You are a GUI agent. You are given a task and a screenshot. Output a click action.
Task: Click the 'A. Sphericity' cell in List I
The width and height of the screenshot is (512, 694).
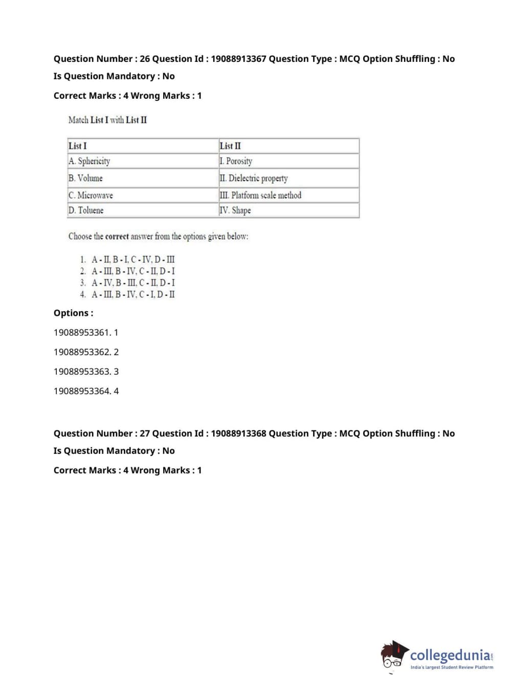pyautogui.click(x=90, y=161)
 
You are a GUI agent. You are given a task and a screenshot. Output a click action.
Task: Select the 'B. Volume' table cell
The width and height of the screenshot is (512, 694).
pyautogui.click(x=86, y=178)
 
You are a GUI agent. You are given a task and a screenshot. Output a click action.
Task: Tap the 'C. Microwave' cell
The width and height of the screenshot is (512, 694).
pyautogui.click(x=91, y=196)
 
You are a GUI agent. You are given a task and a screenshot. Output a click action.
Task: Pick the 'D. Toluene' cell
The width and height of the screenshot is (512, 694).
pyautogui.click(x=86, y=210)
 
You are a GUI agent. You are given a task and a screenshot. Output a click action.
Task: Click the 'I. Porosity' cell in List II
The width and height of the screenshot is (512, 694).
pyautogui.click(x=236, y=161)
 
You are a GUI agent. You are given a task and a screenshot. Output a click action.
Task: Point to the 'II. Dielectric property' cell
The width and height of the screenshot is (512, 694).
pyautogui.click(x=254, y=178)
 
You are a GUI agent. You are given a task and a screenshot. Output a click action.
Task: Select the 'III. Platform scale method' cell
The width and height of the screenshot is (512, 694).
pyautogui.click(x=260, y=196)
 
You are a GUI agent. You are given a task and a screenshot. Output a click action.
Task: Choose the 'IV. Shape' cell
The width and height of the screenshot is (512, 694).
pyautogui.click(x=235, y=210)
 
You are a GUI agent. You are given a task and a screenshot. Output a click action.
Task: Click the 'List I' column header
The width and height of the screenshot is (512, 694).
pyautogui.click(x=78, y=146)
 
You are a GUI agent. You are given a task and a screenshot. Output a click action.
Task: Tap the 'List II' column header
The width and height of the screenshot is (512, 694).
pyautogui.click(x=230, y=146)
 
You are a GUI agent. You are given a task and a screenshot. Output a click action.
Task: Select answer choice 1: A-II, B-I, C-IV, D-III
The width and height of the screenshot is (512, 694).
pyautogui.click(x=133, y=259)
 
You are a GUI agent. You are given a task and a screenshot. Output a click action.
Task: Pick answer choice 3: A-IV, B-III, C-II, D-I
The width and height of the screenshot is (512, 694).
pyautogui.click(x=133, y=283)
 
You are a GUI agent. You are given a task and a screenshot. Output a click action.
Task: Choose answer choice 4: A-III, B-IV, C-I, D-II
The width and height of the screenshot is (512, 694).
pyautogui.click(x=133, y=294)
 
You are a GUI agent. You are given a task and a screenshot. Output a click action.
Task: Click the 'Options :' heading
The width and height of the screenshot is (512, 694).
pyautogui.click(x=73, y=313)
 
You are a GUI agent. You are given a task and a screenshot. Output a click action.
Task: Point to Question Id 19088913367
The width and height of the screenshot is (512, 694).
pyautogui.click(x=238, y=59)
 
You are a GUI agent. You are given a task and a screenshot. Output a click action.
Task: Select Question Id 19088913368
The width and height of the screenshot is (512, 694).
pyautogui.click(x=238, y=433)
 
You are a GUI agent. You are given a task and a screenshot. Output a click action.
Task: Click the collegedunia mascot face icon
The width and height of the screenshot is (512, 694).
pyautogui.click(x=393, y=656)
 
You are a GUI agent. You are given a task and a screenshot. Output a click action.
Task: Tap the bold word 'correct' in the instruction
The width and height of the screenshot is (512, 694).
pyautogui.click(x=117, y=236)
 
